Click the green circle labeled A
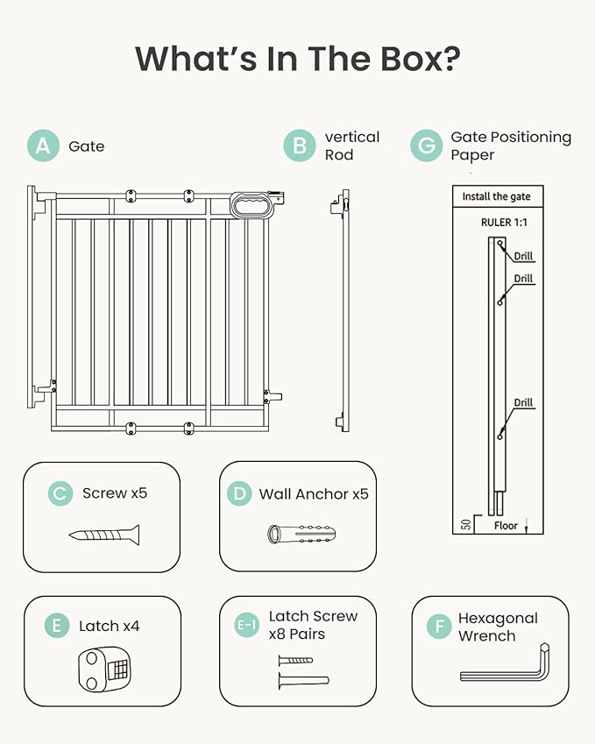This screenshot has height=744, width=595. click(43, 145)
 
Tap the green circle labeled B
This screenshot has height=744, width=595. click(299, 145)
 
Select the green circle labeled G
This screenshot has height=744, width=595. click(426, 145)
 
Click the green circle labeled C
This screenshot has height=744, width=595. click(60, 493)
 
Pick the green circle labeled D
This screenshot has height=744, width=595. click(240, 493)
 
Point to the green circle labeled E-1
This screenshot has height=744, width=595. click(247, 625)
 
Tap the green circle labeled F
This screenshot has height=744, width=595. click(436, 627)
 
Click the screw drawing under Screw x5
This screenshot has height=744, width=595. click(103, 534)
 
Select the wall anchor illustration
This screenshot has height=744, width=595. click(302, 534)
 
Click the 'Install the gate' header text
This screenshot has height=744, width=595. click(496, 196)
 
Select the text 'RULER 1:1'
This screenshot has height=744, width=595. click(504, 223)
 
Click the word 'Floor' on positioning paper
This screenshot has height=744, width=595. click(506, 526)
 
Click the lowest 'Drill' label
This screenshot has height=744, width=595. click(523, 403)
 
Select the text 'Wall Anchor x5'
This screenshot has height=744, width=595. click(314, 494)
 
